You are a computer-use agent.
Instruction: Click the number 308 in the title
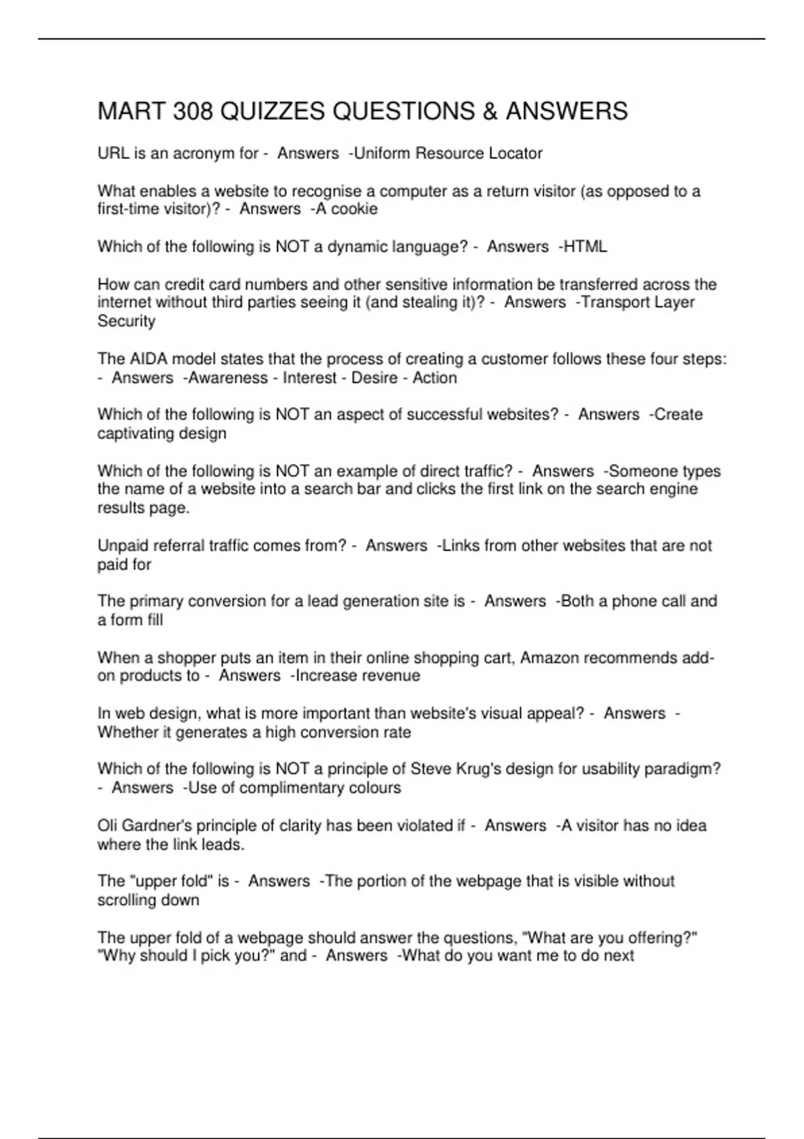click(x=193, y=111)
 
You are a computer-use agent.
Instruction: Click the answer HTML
click(x=585, y=247)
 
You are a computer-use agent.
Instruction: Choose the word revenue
click(x=390, y=676)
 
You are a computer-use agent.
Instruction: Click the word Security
click(x=126, y=321)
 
